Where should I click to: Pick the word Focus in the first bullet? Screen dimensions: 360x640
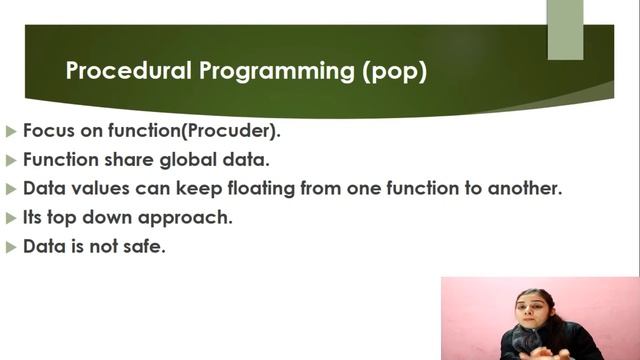[x=47, y=131]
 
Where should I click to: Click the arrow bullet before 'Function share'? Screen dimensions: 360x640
[x=11, y=160]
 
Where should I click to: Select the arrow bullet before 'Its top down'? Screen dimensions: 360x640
[x=11, y=217]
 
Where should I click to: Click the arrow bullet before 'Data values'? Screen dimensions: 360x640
[x=11, y=188]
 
